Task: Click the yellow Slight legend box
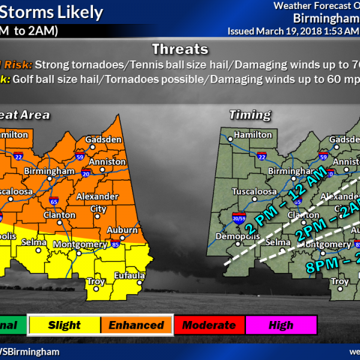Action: (x=64, y=325)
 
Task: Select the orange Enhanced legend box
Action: (x=136, y=325)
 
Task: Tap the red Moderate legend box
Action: (x=209, y=325)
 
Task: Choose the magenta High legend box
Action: (x=281, y=325)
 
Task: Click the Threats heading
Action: (x=180, y=49)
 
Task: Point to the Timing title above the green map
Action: (x=250, y=115)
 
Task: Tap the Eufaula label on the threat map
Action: (x=130, y=275)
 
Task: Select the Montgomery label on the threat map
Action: (x=80, y=244)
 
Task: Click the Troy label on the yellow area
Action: (x=96, y=281)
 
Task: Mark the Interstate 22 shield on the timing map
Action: (x=262, y=157)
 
